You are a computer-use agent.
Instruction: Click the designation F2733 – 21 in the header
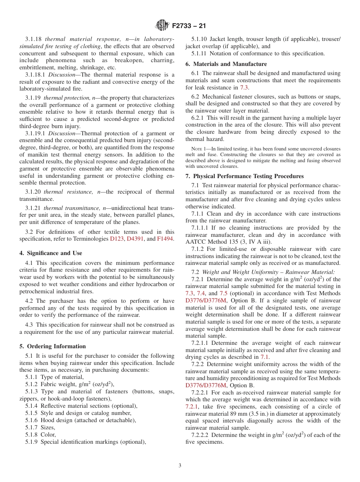click(189, 26)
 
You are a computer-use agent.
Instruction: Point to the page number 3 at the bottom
click(180, 465)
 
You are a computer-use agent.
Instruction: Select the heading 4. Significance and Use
click(51, 253)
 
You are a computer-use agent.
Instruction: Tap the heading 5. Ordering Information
click(53, 346)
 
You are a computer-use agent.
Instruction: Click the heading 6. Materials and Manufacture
click(226, 64)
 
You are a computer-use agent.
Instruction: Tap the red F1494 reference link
click(165, 239)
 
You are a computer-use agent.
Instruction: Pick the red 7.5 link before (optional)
click(223, 293)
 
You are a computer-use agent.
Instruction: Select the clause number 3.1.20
click(33, 192)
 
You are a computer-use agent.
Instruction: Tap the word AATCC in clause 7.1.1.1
click(195, 242)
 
